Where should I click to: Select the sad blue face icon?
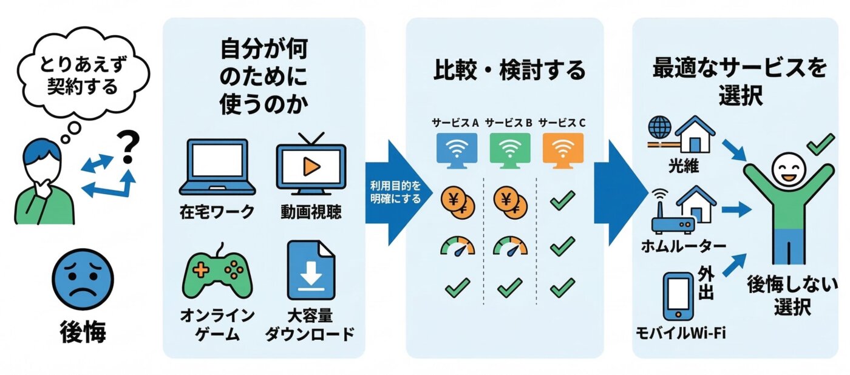tap(83, 281)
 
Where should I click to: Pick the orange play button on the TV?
tap(311, 165)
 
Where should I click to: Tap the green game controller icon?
tap(217, 275)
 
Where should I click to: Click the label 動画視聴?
tap(311, 212)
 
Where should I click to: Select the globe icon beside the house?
tap(660, 128)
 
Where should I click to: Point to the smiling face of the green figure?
tap(787, 171)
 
